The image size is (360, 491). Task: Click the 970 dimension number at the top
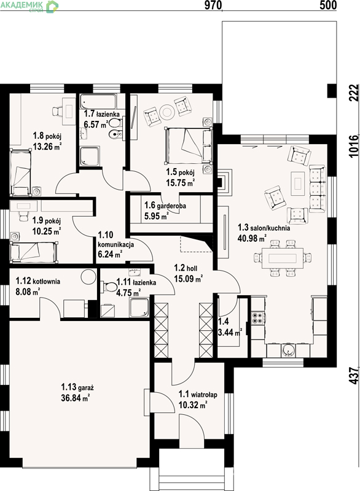click(x=213, y=5)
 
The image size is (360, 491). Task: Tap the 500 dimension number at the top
click(x=328, y=5)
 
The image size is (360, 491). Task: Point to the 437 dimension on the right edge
click(x=354, y=376)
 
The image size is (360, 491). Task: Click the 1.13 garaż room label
click(x=77, y=387)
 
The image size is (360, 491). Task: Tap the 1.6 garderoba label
click(x=165, y=206)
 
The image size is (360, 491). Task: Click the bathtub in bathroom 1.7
click(x=98, y=101)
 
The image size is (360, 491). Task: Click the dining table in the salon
click(x=283, y=258)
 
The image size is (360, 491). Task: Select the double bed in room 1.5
click(x=189, y=145)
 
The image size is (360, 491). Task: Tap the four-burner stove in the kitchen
click(x=258, y=318)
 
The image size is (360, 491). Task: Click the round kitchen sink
click(x=289, y=350)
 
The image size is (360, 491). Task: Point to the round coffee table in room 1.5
click(x=166, y=112)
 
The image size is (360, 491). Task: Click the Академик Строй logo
click(x=29, y=7)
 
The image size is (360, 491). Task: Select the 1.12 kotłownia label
click(x=38, y=281)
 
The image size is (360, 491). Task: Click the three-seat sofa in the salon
click(x=318, y=189)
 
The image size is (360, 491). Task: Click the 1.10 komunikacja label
click(x=116, y=239)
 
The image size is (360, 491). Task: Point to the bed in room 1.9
click(x=34, y=252)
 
